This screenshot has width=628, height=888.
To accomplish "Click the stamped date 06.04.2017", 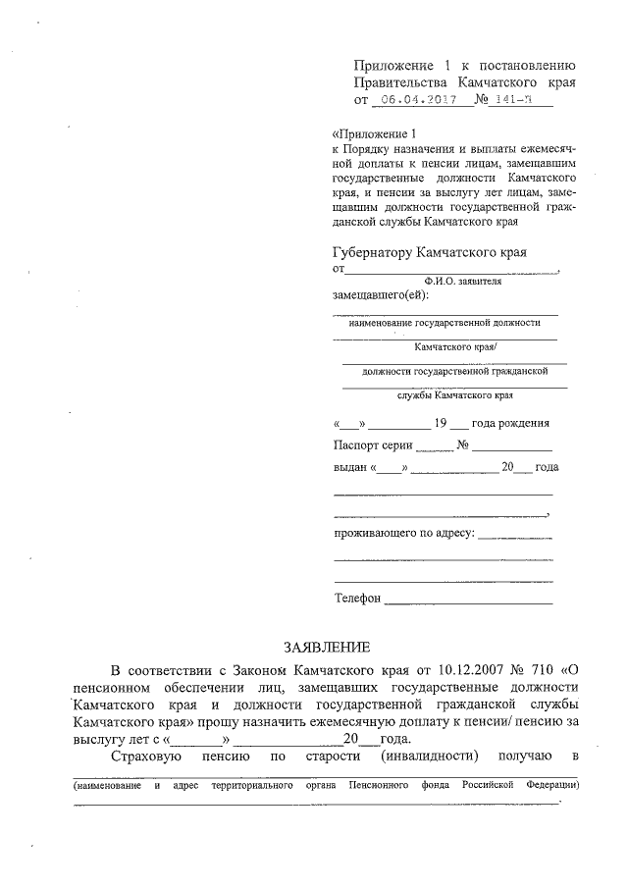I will (x=419, y=100).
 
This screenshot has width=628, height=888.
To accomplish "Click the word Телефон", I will (x=357, y=598).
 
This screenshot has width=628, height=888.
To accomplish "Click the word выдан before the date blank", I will (x=350, y=469).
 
